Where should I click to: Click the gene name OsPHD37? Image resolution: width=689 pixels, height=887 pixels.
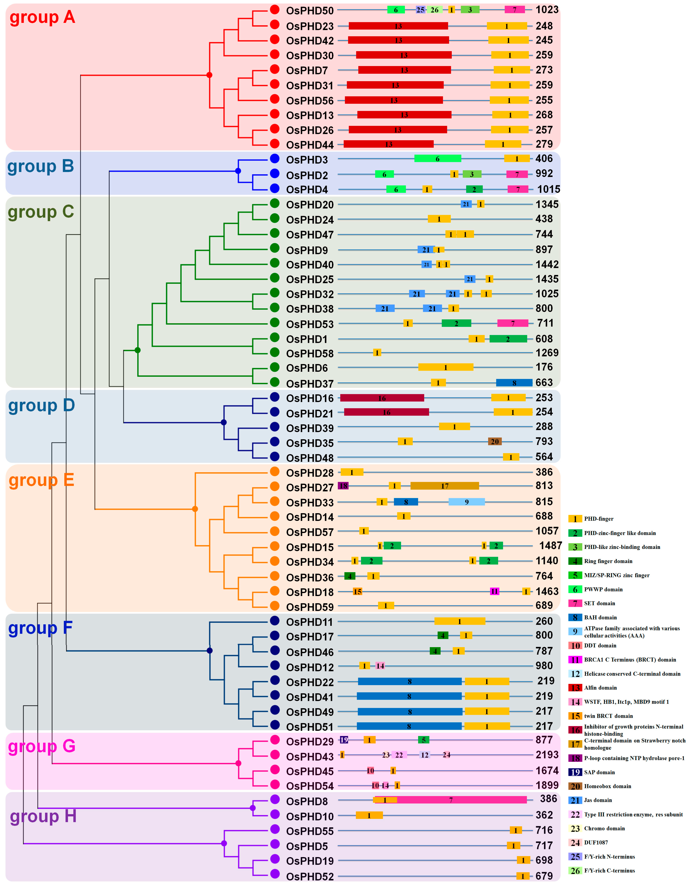pyautogui.click(x=309, y=383)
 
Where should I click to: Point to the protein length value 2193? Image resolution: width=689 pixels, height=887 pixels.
pyautogui.click(x=547, y=755)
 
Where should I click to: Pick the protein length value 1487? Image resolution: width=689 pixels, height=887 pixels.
pyautogui.click(x=550, y=545)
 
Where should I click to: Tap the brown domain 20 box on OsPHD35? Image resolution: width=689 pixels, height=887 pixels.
pyautogui.click(x=494, y=442)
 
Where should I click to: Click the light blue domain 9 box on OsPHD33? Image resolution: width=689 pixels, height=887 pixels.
pyautogui.click(x=466, y=502)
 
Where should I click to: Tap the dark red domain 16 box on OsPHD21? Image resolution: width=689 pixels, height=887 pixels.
pyautogui.click(x=386, y=412)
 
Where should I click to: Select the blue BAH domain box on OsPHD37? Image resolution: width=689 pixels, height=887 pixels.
pyautogui.click(x=514, y=383)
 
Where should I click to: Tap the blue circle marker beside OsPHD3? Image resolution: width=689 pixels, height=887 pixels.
pyautogui.click(x=275, y=159)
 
